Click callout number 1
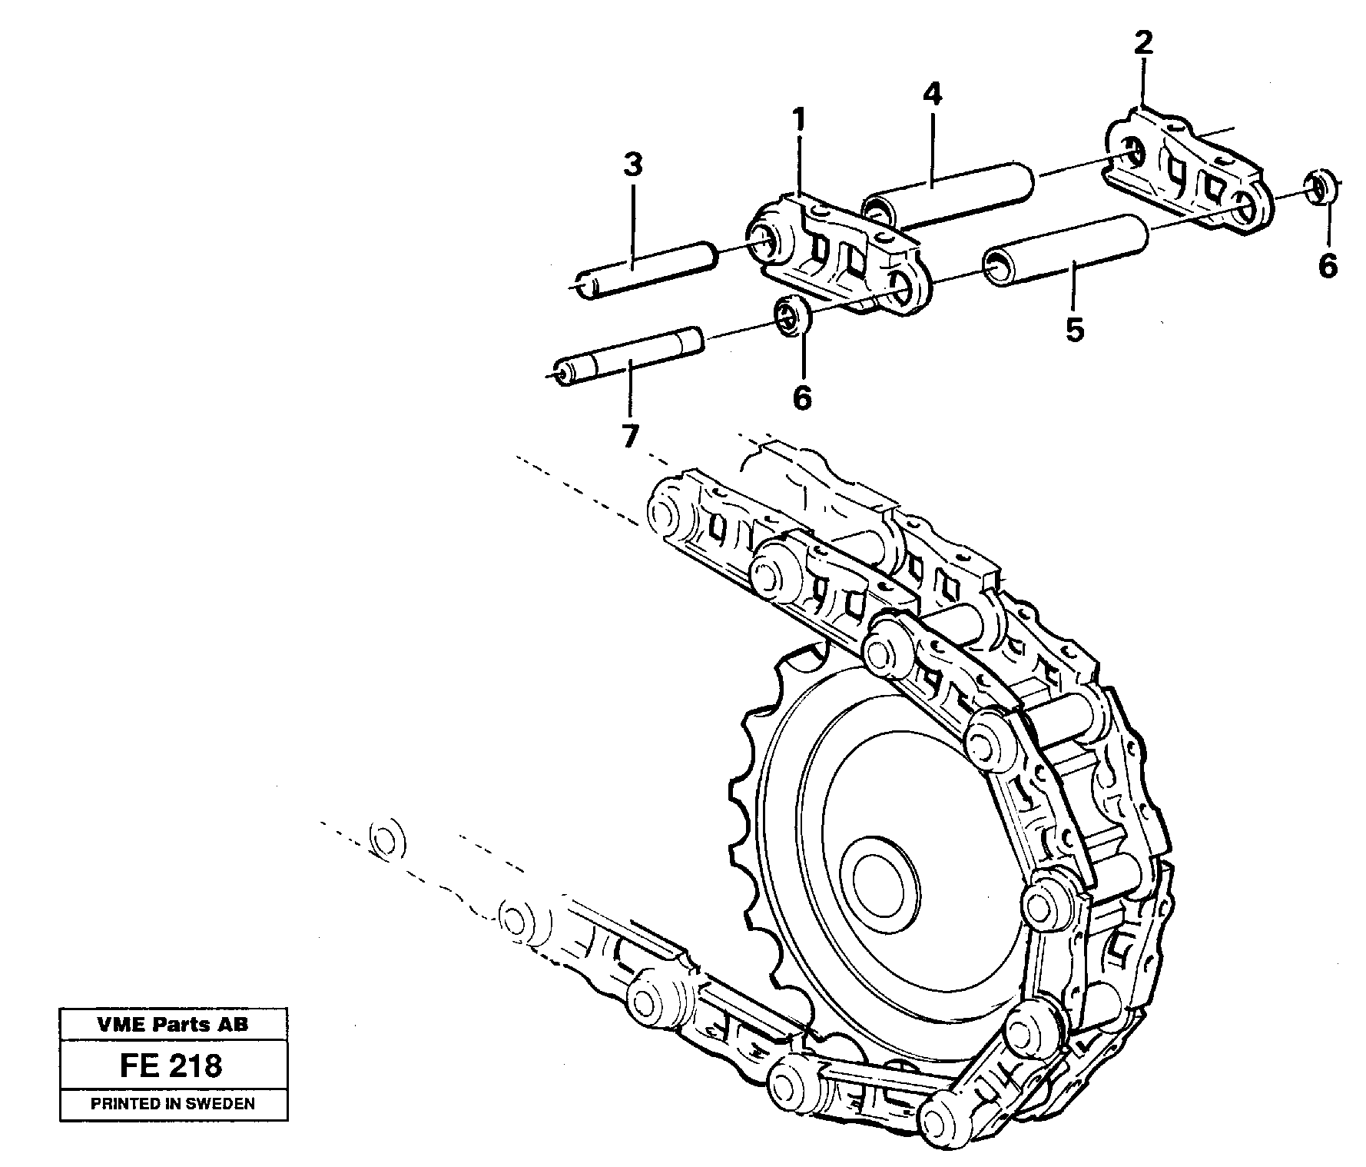pos(799,121)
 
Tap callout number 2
pos(1143,42)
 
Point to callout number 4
pos(931,94)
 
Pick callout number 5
pos(1074,330)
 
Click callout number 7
pos(629,436)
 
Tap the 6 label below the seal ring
pos(801,397)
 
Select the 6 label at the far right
pos(1328,265)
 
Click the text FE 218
pos(171,1066)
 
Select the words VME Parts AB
pos(172,1024)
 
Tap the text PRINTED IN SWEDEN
pos(172,1104)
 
